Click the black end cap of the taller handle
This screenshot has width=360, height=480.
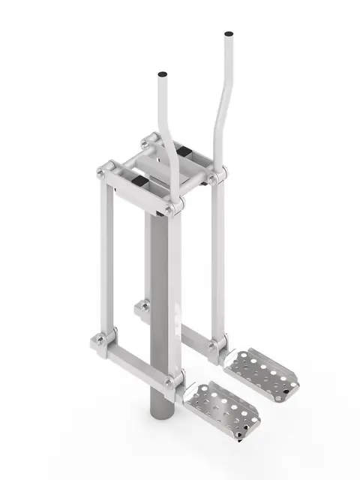pos(227,34)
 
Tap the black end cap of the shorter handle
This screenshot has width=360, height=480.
pos(162,76)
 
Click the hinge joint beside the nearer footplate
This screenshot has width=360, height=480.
pos(174,382)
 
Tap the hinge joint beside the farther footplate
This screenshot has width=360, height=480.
pos(214,347)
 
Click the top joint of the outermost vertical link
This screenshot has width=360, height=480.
pos(103,172)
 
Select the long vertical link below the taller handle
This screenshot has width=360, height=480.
pos(217,262)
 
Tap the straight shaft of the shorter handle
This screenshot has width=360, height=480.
pos(163,112)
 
